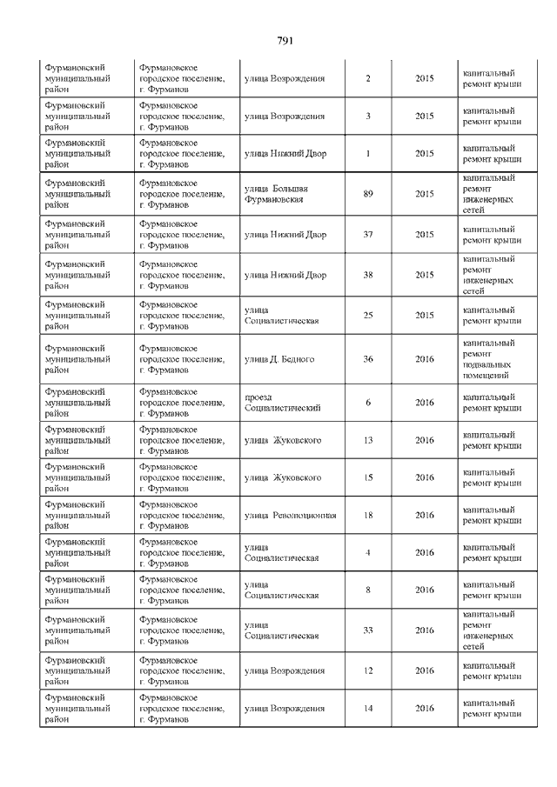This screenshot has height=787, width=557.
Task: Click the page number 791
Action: (x=285, y=41)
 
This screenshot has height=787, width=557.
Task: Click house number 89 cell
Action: (x=368, y=194)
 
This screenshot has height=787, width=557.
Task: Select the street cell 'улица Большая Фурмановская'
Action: (x=275, y=194)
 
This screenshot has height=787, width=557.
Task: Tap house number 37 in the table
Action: (x=368, y=235)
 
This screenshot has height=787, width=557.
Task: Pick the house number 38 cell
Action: (x=368, y=276)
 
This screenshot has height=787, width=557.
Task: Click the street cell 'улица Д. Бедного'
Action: (x=279, y=359)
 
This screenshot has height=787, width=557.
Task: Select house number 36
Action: (x=368, y=359)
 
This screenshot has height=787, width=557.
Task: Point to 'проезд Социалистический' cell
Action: (x=283, y=403)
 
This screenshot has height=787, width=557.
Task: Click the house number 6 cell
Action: (x=368, y=403)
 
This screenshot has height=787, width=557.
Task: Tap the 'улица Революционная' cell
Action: (x=290, y=515)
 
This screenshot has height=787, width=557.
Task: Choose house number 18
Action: (x=368, y=515)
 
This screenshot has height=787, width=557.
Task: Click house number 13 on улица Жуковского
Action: (x=368, y=440)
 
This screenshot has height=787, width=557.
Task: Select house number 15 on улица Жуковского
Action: (x=368, y=477)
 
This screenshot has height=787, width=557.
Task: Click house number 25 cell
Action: (x=368, y=315)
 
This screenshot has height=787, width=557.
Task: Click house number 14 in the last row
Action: (x=368, y=709)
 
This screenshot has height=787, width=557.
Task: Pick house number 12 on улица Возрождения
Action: (x=368, y=670)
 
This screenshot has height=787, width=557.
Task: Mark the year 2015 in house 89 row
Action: (x=424, y=194)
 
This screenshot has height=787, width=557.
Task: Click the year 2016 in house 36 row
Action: (x=424, y=359)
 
